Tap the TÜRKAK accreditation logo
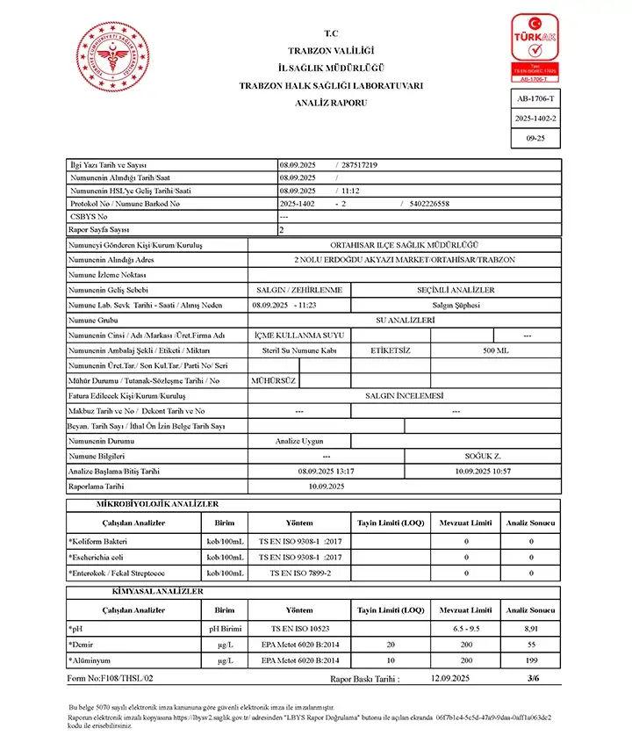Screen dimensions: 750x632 click(x=535, y=48)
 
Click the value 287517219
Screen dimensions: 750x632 click(x=359, y=164)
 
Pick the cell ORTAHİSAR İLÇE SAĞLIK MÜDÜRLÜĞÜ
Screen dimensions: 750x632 click(x=404, y=245)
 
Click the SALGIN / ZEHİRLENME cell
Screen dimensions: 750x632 click(x=299, y=290)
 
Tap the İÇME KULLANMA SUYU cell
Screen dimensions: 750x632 click(x=299, y=335)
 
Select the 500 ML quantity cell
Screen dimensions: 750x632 click(x=495, y=350)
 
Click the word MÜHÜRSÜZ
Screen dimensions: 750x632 click(x=274, y=380)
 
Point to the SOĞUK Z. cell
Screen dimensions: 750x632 click(x=483, y=456)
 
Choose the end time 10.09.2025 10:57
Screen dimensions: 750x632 click(x=483, y=471)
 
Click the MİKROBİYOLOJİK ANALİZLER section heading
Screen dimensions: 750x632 click(x=157, y=504)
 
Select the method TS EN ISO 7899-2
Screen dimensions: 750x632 click(x=300, y=573)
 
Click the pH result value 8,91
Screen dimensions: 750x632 click(x=530, y=628)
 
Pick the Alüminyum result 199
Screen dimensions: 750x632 click(x=530, y=660)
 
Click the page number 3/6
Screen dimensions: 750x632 click(x=533, y=678)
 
